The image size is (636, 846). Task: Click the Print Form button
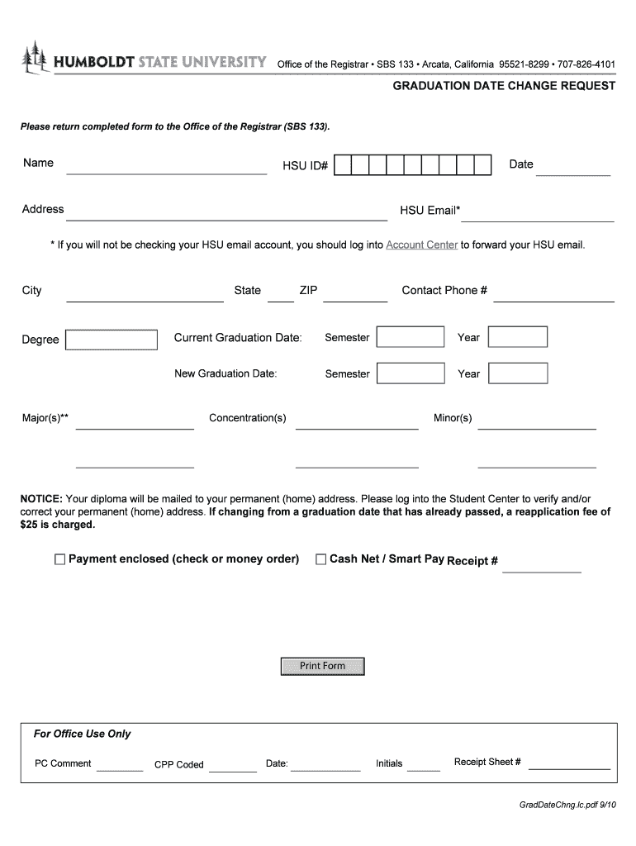point(322,666)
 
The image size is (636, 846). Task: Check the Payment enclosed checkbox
point(59,559)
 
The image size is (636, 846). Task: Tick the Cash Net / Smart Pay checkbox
point(321,559)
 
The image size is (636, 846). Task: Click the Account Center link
point(421,245)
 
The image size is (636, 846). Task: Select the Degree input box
point(112,340)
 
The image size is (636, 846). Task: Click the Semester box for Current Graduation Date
point(410,337)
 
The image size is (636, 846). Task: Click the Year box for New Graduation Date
point(518,373)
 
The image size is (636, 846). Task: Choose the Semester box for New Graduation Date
point(410,373)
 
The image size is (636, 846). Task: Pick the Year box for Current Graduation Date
point(518,337)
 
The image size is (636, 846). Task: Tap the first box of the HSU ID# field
point(343,165)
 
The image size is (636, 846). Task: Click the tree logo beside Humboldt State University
point(35,59)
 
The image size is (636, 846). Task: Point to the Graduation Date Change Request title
point(504,86)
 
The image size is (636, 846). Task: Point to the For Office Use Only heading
point(82,734)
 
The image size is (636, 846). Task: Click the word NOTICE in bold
point(41,499)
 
